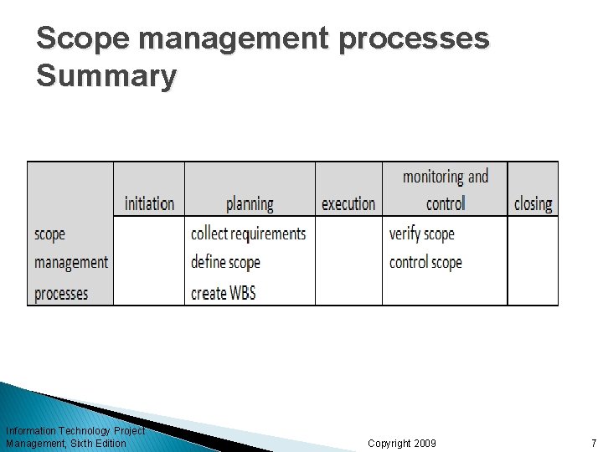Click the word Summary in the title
pos(106,76)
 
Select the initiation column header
pos(149,203)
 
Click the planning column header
pos(250,203)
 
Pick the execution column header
pos(348,203)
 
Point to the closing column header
pos(533,203)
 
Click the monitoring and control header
pos(445,189)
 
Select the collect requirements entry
pos(249,233)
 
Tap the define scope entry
pos(225,262)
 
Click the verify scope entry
pos(422,233)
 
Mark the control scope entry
pos(425,262)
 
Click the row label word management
pos(71,263)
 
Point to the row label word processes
pos(61,293)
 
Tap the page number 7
pos(593,443)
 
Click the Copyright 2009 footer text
pos(402,443)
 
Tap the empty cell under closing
pos(533,260)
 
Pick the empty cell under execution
pos(348,260)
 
